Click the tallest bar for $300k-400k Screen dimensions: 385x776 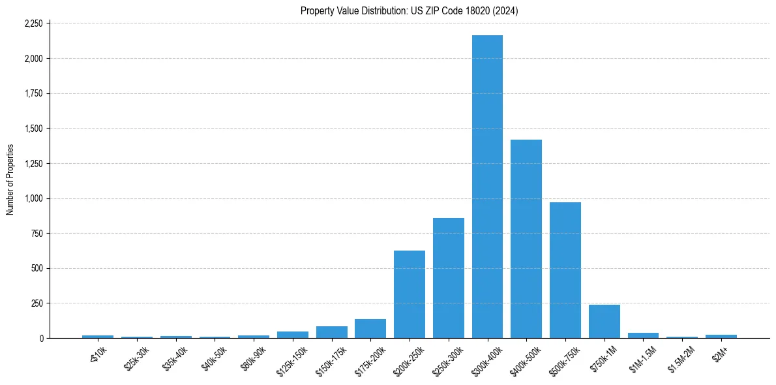tap(487, 187)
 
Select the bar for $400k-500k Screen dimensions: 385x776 tap(526, 239)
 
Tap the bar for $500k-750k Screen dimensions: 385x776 tap(565, 270)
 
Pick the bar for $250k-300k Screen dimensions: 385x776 tap(449, 278)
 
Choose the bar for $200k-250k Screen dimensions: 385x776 tap(410, 294)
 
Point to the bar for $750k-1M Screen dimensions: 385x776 tap(604, 322)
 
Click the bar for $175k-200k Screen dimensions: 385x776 tap(370, 329)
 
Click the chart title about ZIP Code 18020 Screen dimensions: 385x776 tap(409, 11)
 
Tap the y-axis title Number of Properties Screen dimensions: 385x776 tap(10, 179)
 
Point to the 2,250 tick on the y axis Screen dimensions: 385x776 tap(33, 23)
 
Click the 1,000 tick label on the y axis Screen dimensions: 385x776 tap(33, 198)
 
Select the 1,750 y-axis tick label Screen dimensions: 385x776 tap(33, 93)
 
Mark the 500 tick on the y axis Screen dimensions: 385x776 tap(37, 268)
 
